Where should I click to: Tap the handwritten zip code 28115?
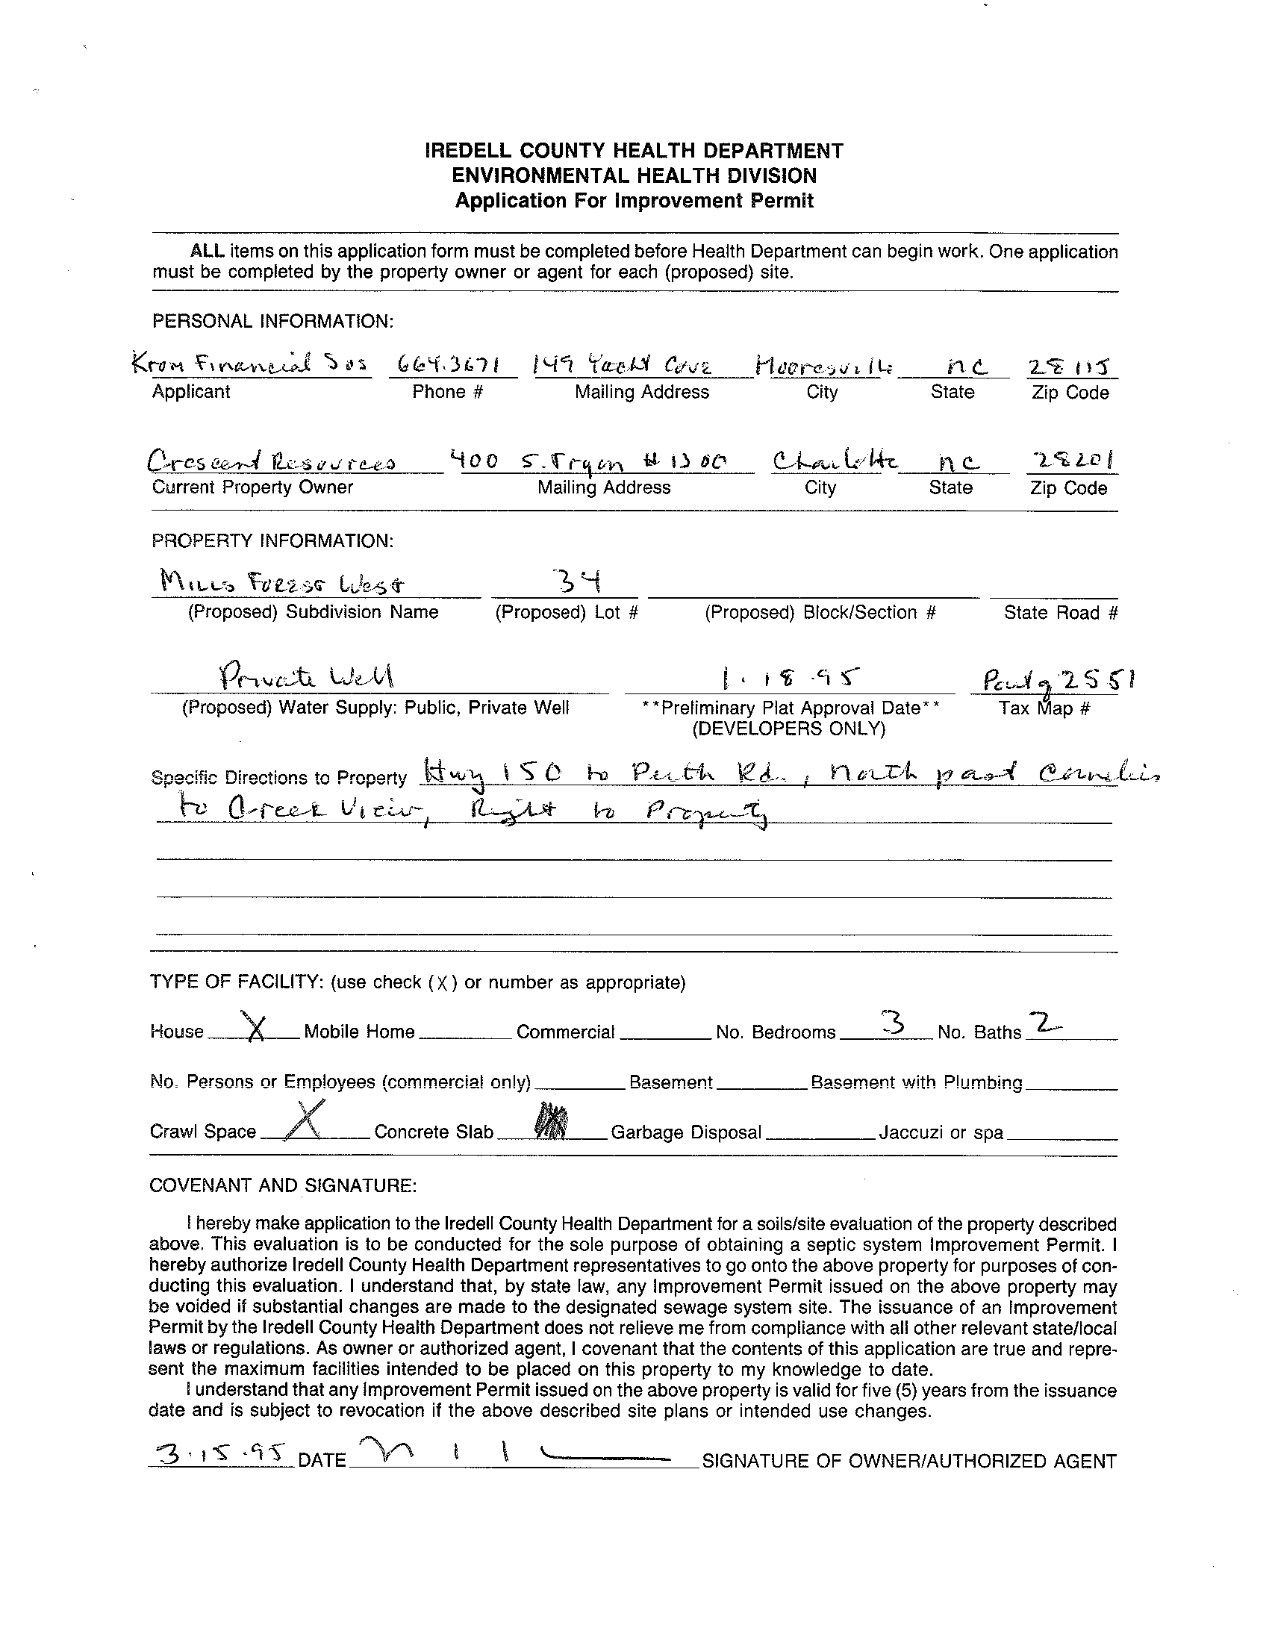(x=1070, y=366)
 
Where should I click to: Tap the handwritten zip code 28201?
(x=1070, y=459)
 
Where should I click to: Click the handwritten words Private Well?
(x=305, y=678)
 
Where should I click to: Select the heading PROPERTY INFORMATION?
(x=272, y=540)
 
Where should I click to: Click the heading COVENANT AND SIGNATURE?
(x=282, y=1185)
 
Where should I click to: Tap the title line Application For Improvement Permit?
(x=635, y=201)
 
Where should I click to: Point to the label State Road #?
(x=1060, y=613)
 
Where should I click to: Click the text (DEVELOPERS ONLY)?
(x=788, y=729)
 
